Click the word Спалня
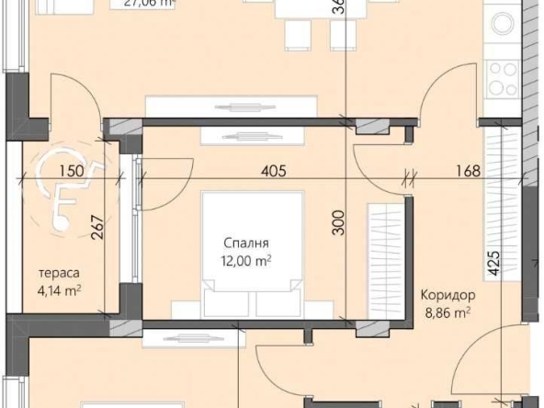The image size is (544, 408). [246, 244]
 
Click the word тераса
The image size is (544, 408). [59, 273]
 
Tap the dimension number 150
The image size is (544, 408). [72, 170]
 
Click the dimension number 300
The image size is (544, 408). [337, 223]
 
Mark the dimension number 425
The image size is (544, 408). [493, 265]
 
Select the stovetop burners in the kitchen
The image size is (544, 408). [504, 78]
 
